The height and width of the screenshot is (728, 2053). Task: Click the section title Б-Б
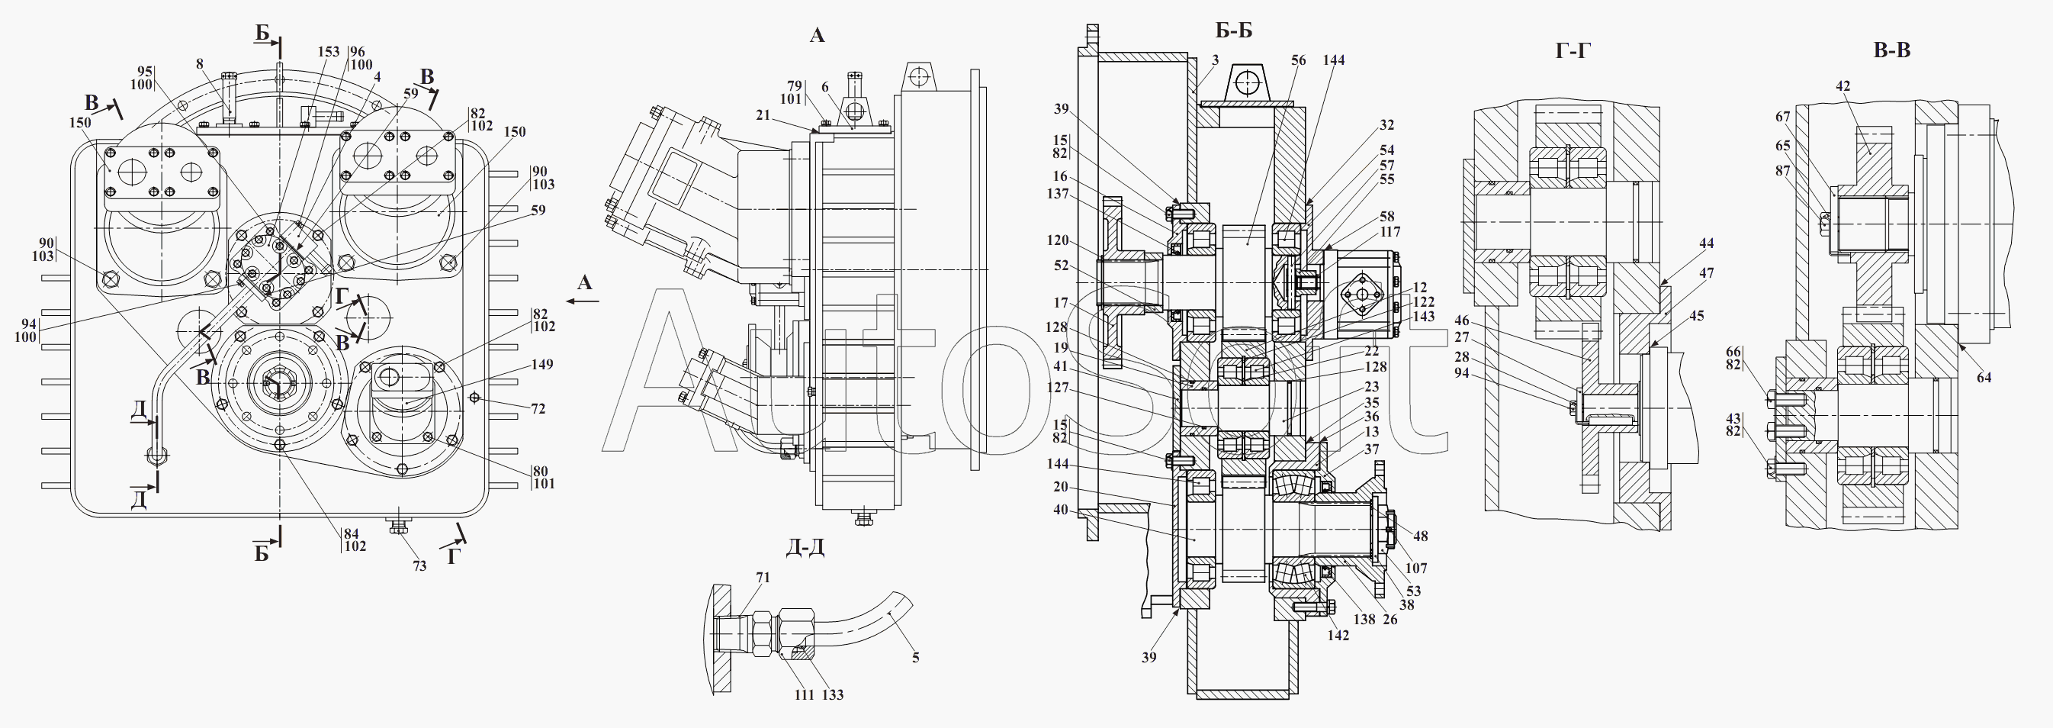tap(1234, 31)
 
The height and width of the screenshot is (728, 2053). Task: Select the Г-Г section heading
tap(1574, 51)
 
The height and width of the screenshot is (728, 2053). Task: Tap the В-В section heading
tap(1892, 50)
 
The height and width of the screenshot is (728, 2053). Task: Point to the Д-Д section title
tap(805, 547)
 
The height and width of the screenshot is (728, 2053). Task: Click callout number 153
tap(329, 52)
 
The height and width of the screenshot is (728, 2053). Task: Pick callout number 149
tap(542, 365)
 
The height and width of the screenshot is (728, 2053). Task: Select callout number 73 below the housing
tap(419, 565)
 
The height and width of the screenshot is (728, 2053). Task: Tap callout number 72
tap(538, 408)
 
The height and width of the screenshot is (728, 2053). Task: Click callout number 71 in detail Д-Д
tap(763, 578)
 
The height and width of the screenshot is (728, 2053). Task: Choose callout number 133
tap(832, 694)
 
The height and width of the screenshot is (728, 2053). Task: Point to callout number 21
tap(763, 116)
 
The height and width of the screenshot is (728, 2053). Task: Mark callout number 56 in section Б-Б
tap(1299, 60)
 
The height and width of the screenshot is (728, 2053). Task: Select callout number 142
tap(1338, 635)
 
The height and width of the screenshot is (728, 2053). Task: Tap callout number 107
tap(1416, 569)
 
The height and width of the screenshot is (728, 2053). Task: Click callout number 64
tap(1984, 377)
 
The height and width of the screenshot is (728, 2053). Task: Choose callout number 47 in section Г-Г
tap(1706, 272)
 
